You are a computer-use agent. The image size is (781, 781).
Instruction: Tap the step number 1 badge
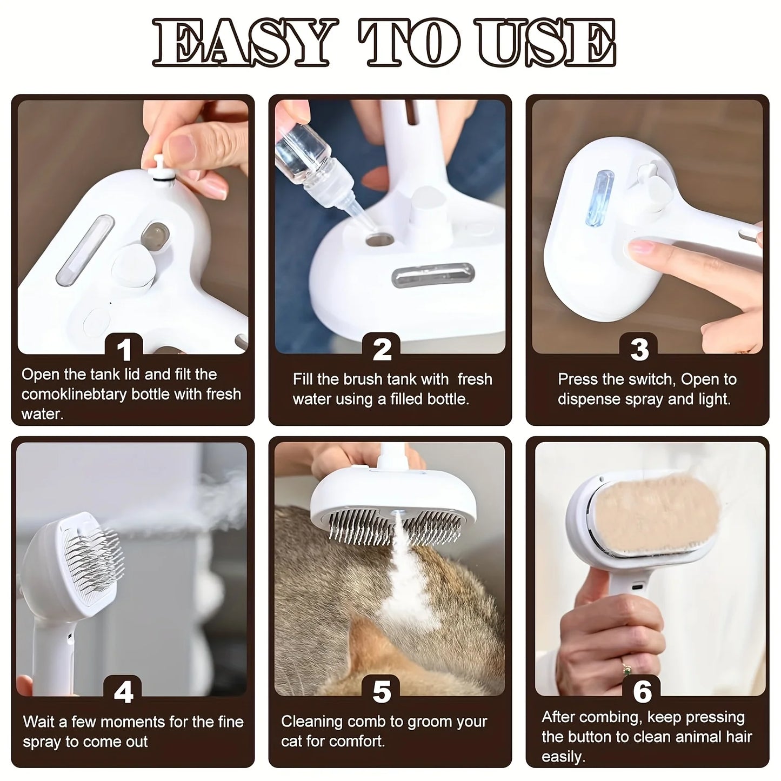coord(124,349)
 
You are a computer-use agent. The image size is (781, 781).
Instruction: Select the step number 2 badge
coord(382,349)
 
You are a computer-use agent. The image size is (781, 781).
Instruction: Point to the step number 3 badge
coord(640,349)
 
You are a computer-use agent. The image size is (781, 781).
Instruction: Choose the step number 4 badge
coord(124,691)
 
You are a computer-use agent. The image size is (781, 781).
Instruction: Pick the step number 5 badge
coord(382,691)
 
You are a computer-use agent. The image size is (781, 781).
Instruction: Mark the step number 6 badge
coord(642,691)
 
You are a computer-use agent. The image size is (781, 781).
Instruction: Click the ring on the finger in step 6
coord(627,670)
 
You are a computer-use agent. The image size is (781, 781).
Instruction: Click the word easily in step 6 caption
coord(563,756)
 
